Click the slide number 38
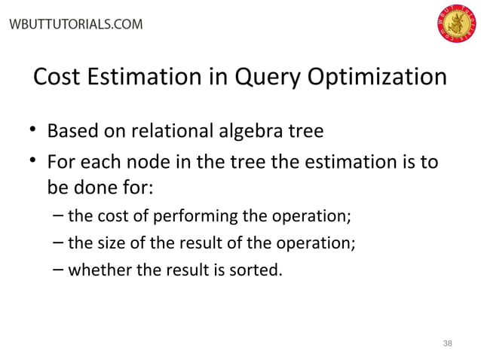[x=448, y=343]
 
